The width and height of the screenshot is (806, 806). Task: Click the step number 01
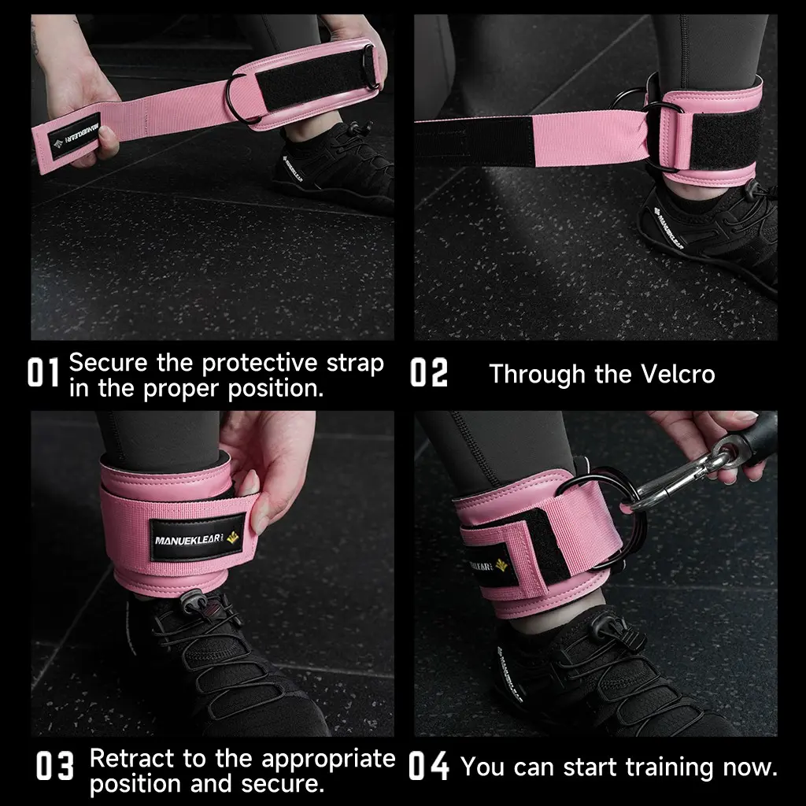[x=43, y=372]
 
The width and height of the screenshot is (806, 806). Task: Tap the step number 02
[x=429, y=372]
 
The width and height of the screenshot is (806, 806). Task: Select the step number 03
[x=55, y=766]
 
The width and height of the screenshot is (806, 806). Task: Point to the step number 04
[x=429, y=766]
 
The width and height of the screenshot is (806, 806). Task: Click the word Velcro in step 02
[x=678, y=374]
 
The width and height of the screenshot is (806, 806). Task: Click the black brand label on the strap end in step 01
[x=75, y=135]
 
